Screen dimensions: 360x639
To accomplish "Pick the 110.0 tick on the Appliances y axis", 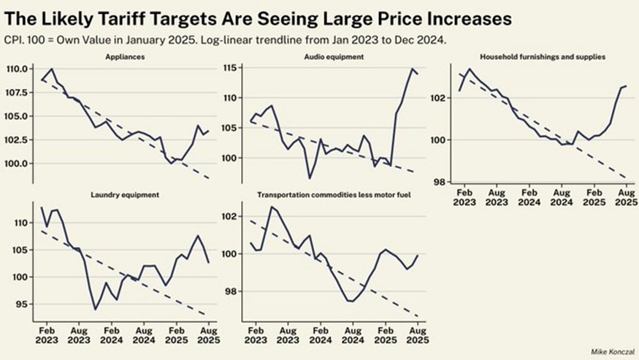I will coord(17,69).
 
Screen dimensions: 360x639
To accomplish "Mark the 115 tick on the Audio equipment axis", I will coord(234,68).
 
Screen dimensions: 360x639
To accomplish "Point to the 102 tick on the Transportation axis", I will coord(232,216).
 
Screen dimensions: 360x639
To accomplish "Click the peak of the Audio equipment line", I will coord(412,69).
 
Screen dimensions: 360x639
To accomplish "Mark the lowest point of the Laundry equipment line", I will coord(95,310).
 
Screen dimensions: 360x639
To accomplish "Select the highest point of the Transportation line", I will coord(272,207).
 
